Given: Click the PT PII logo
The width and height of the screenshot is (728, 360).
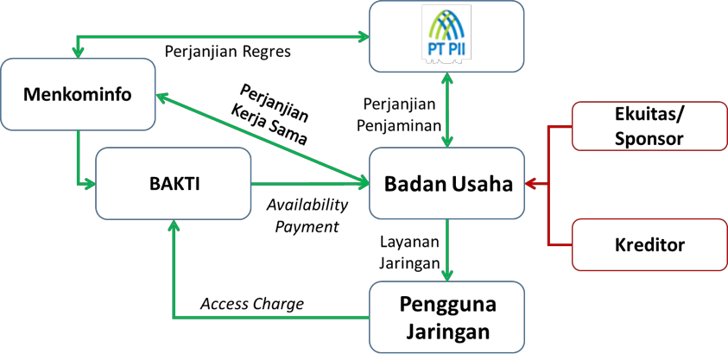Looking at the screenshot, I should click(446, 32).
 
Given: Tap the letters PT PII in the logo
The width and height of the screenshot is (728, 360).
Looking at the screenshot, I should click(446, 49).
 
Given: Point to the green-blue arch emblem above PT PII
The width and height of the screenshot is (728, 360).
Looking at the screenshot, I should click(446, 23).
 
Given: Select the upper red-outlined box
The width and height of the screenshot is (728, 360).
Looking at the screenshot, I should click(649, 126).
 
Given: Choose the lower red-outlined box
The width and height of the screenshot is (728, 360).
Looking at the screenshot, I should click(649, 244).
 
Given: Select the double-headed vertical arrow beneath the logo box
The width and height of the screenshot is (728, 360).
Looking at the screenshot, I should click(446, 110).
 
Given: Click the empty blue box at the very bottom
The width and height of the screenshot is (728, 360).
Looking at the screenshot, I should click(446, 317).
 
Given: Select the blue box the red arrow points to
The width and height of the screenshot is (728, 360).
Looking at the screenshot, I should click(446, 183).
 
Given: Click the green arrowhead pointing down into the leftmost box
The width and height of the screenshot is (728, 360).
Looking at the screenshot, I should click(78, 53).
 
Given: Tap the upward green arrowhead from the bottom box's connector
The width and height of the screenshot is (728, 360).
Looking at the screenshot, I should click(174, 226).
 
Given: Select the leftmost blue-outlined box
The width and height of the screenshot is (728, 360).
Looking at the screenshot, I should click(78, 94).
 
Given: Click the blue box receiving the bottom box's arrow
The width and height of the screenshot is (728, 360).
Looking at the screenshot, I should click(173, 183).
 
